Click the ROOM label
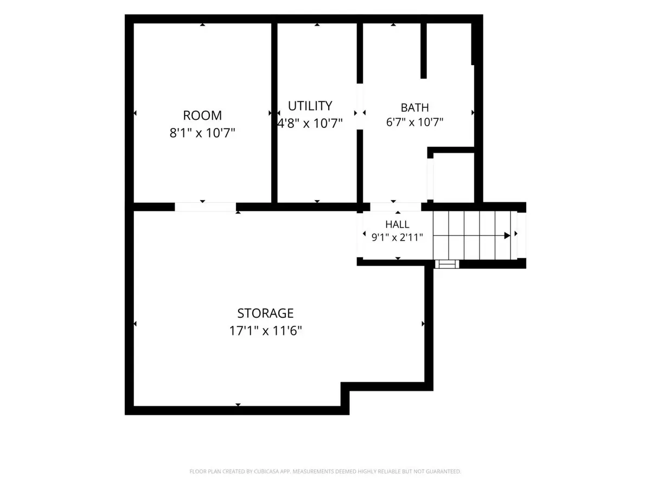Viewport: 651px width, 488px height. (202, 115)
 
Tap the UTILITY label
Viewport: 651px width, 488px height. (310, 106)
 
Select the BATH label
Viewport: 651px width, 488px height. (414, 107)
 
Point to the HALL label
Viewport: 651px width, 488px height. (397, 224)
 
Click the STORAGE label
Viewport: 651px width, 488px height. (265, 313)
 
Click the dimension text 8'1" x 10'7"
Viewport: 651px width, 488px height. (202, 133)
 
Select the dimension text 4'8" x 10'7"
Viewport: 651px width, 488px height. (310, 123)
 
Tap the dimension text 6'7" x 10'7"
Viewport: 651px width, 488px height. (414, 122)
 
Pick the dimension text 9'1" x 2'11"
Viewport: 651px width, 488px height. (397, 237)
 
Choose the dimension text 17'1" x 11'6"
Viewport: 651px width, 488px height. (265, 330)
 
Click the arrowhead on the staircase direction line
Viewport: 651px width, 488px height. (507, 235)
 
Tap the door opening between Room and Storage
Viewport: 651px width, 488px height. (205, 207)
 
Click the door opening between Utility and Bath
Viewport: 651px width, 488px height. (360, 106)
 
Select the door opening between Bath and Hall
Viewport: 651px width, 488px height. (395, 207)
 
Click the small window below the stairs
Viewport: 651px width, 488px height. (447, 264)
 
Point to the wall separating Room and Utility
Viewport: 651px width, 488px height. (275, 113)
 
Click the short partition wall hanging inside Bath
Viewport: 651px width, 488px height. (424, 50)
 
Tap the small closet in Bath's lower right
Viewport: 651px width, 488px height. (454, 177)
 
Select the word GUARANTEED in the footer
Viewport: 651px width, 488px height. (446, 471)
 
